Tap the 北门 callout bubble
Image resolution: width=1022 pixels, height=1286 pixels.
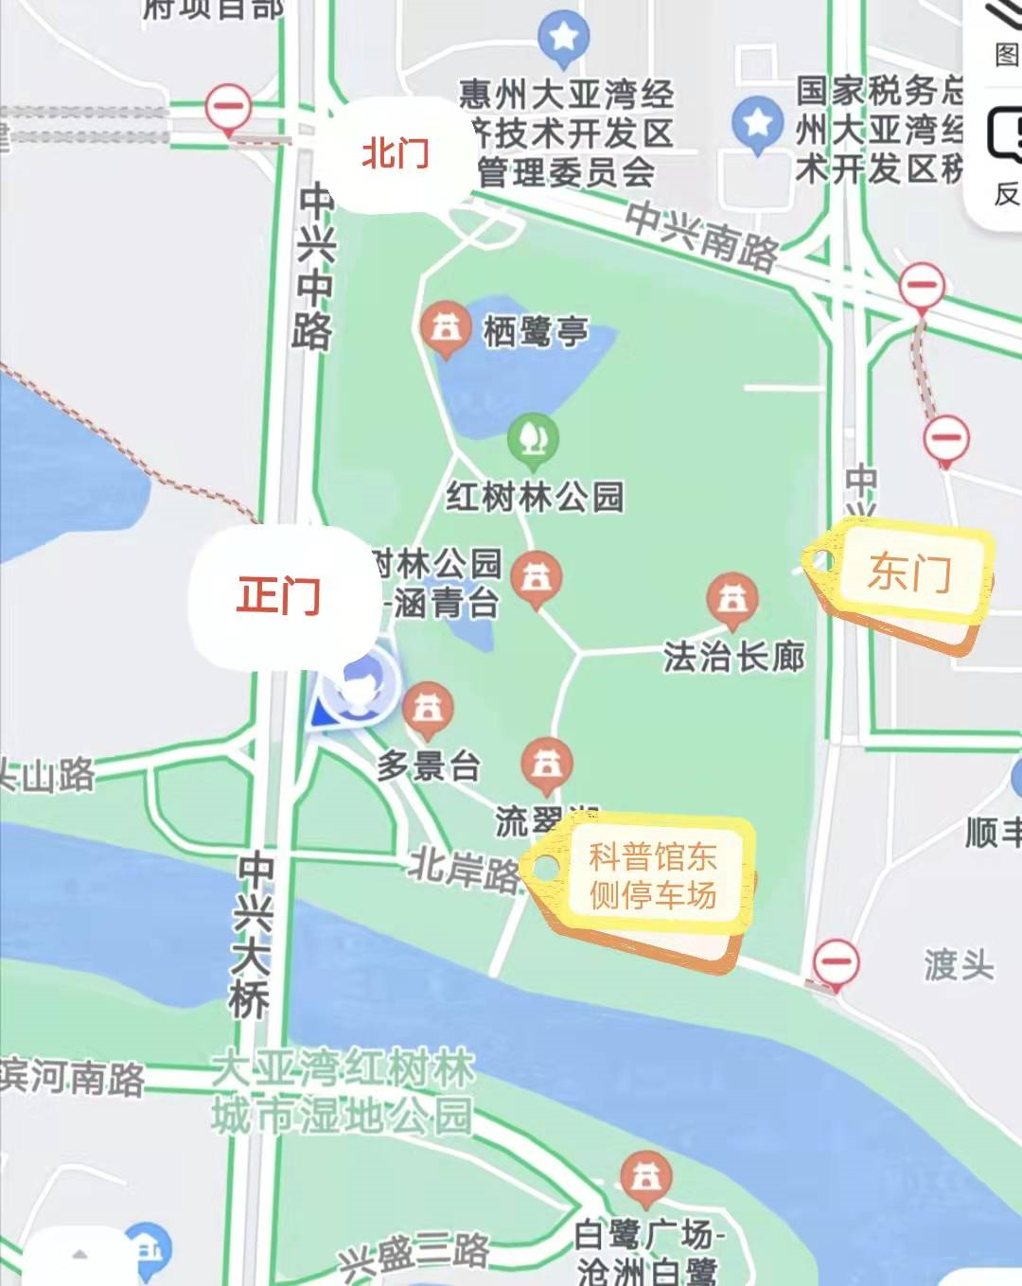(x=396, y=153)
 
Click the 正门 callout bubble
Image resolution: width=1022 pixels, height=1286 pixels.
(x=279, y=596)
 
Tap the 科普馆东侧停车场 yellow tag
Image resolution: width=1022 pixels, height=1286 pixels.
(x=652, y=876)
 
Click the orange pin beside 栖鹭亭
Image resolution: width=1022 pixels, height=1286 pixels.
(x=445, y=328)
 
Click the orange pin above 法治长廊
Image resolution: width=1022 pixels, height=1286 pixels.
(x=732, y=600)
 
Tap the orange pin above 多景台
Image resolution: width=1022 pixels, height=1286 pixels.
(x=428, y=709)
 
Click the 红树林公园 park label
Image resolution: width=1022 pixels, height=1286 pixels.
(x=536, y=496)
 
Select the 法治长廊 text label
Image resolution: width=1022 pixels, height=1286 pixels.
(x=734, y=656)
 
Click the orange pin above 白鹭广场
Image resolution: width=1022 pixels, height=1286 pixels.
(x=646, y=1178)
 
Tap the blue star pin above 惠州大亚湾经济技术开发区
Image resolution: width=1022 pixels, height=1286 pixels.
(x=564, y=38)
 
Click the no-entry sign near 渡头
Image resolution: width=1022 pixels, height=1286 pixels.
(x=836, y=962)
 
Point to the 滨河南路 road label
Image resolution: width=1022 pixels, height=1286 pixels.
(x=72, y=1077)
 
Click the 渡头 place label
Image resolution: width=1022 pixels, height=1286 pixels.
(x=959, y=965)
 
